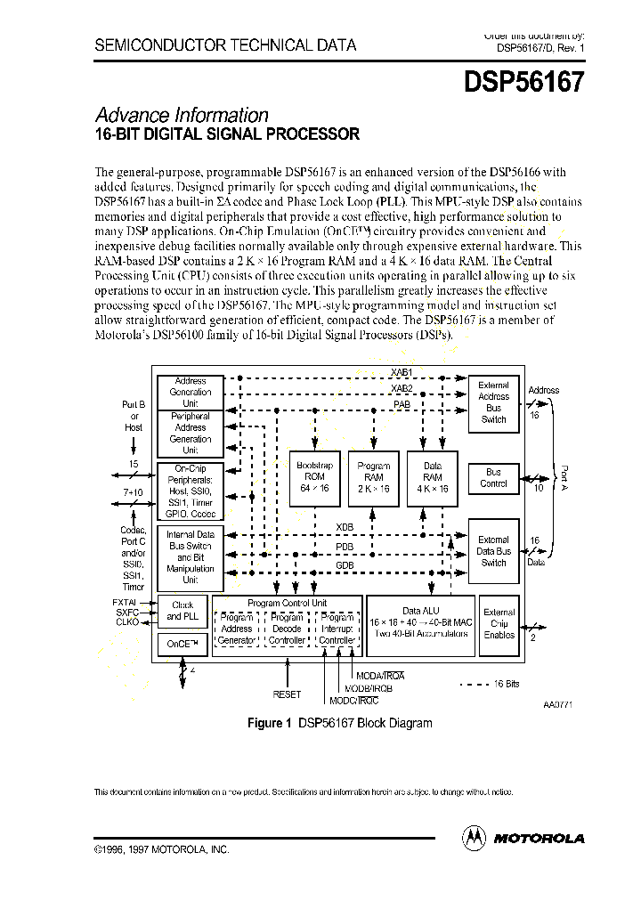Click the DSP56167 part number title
[x=524, y=83]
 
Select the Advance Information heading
[x=182, y=115]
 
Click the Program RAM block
[x=373, y=477]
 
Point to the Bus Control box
[x=493, y=478]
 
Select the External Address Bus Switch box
[x=493, y=402]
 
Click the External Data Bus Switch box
[x=493, y=551]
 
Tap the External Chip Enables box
[x=499, y=623]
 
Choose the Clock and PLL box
[x=182, y=610]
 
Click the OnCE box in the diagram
[x=182, y=643]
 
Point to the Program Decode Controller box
[x=287, y=629]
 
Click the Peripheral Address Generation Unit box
[x=190, y=433]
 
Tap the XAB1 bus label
[x=402, y=371]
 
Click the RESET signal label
[x=287, y=694]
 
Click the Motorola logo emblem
[x=474, y=837]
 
